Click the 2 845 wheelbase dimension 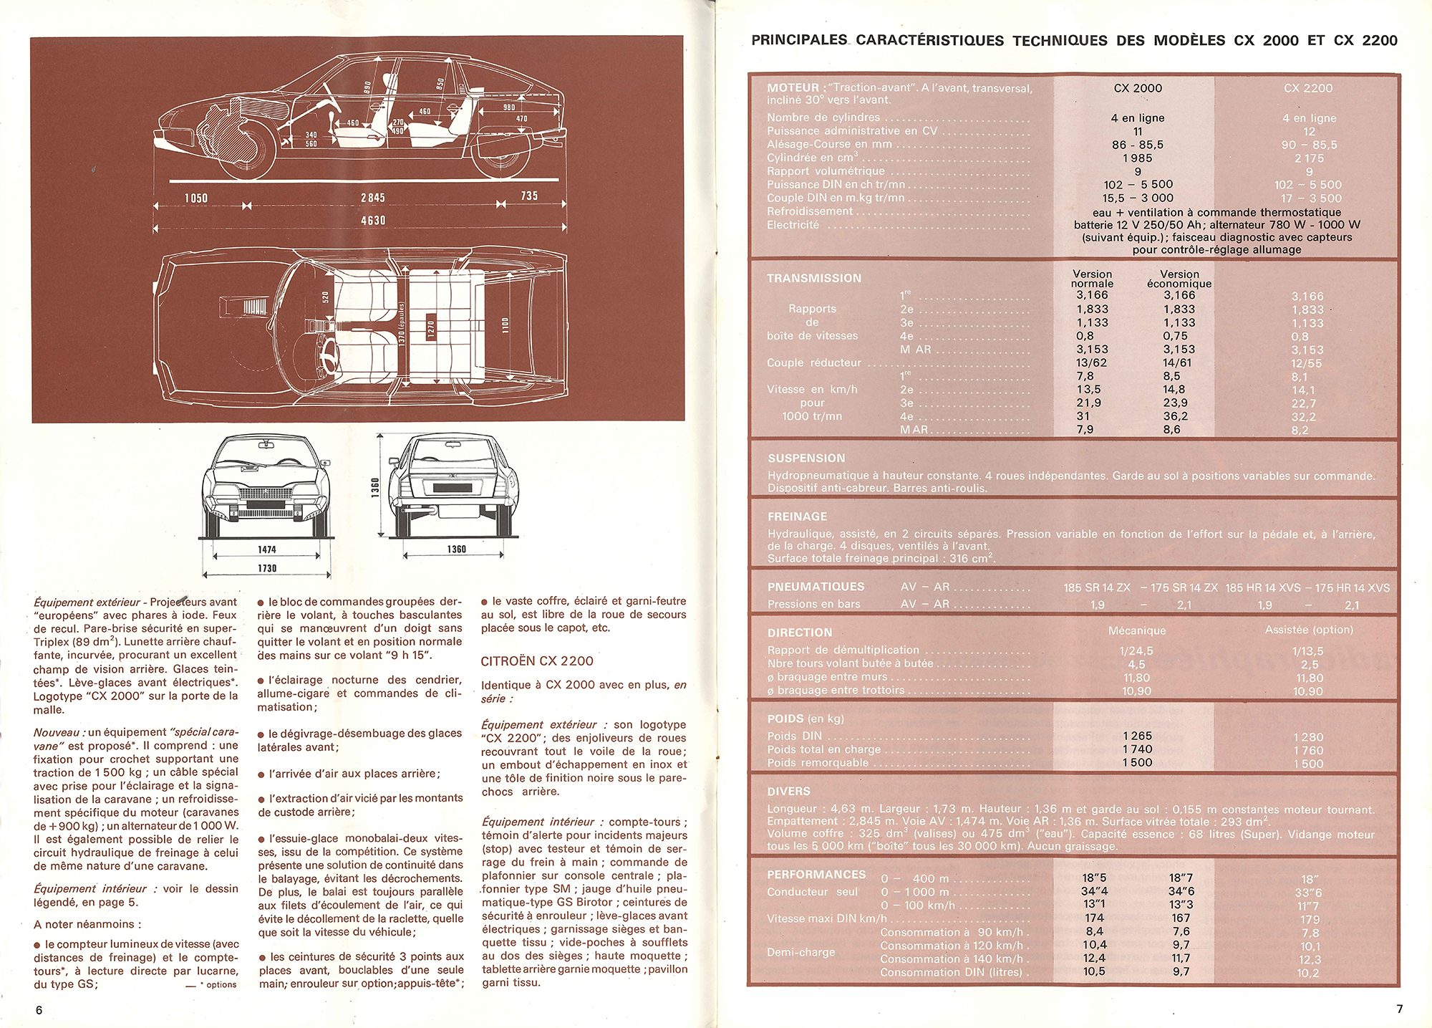tap(372, 197)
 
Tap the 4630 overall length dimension tap(373, 220)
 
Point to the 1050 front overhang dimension tap(195, 198)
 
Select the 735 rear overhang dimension tap(529, 196)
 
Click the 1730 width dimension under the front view tap(266, 568)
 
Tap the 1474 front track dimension tap(266, 549)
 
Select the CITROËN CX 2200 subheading tap(537, 660)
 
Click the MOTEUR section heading tap(793, 87)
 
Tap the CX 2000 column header tap(1138, 88)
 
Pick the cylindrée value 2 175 tap(1309, 158)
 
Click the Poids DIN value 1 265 tap(1138, 736)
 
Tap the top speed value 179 tap(1310, 919)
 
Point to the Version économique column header tap(1179, 279)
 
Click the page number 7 tap(1399, 1009)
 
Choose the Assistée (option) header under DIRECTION tap(1309, 630)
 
